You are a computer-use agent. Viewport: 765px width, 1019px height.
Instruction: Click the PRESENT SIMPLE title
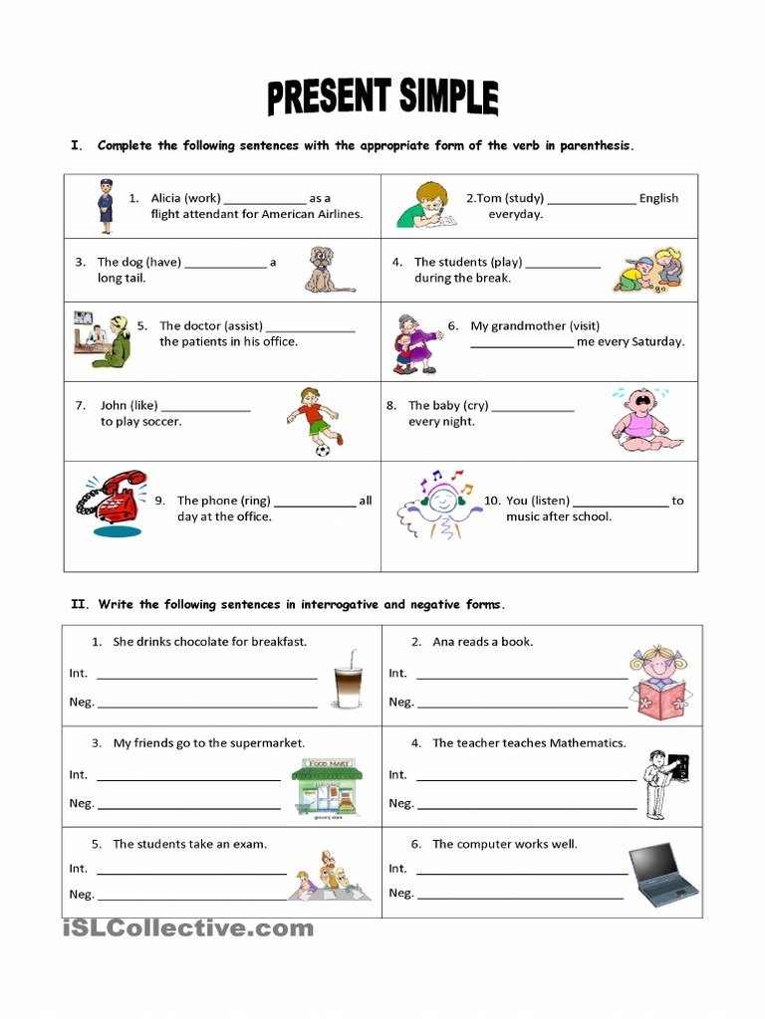pos(382,99)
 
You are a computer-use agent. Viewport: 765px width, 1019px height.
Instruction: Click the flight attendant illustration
pos(106,206)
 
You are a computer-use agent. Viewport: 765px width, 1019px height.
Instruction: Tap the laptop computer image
pos(663,874)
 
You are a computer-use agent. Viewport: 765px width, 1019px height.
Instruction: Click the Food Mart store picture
pos(327,787)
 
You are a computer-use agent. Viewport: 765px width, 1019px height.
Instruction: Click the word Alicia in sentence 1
pos(165,198)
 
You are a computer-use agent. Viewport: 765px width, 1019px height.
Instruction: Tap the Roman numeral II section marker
pos(79,604)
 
